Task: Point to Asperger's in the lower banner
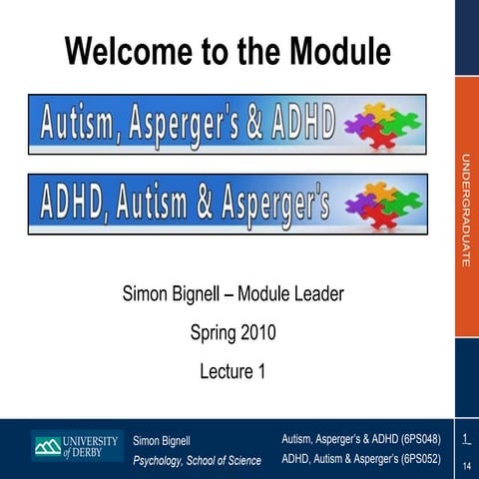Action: [266, 204]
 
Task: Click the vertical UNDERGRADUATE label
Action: [465, 210]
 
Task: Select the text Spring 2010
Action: [233, 332]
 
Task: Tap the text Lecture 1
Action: [233, 372]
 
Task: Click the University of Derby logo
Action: [76, 446]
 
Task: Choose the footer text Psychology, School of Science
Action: [197, 460]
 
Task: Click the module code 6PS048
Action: [419, 438]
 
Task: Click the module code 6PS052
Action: [419, 459]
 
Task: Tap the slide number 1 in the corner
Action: [466, 438]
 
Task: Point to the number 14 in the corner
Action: [466, 465]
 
